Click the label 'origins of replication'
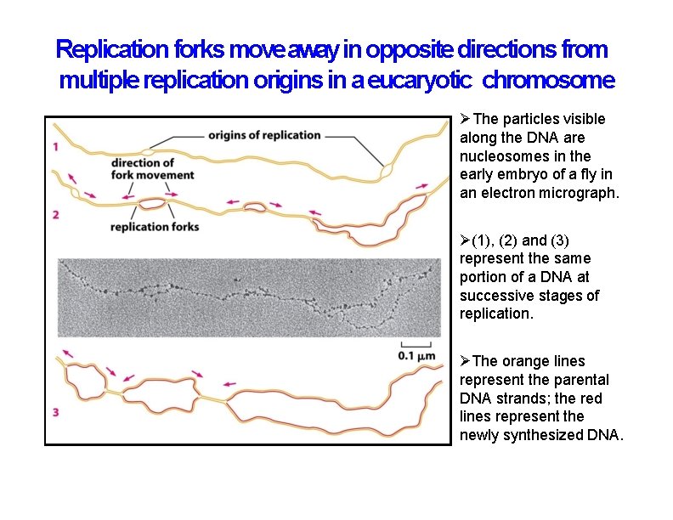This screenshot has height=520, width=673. pos(264,135)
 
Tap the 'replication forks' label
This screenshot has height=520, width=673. pos(155,227)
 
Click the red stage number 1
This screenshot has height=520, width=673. pos(55,146)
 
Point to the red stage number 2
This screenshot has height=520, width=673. pos(55,215)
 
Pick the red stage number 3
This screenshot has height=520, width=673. pos(55,413)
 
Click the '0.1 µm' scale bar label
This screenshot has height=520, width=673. pos(416,356)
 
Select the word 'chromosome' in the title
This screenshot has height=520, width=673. pos(548,82)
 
